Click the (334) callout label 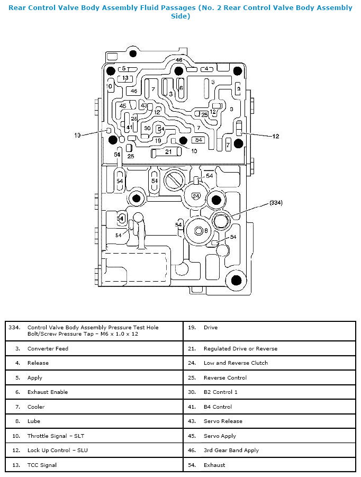click(x=276, y=203)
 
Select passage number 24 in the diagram click(x=196, y=196)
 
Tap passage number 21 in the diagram click(x=168, y=151)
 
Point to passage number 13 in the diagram click(x=125, y=78)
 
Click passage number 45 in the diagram click(x=123, y=106)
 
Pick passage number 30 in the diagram click(x=148, y=128)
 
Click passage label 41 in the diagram click(x=130, y=127)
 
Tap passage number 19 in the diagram click(x=158, y=140)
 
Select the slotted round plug click(x=174, y=180)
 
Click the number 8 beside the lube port click(x=206, y=231)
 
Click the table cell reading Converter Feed click(x=48, y=349)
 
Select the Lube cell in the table click(x=34, y=421)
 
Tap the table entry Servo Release click(x=223, y=421)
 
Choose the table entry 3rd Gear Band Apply click(x=231, y=451)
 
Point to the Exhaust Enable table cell click(x=48, y=392)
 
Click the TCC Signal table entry click(x=42, y=465)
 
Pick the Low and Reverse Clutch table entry click(x=236, y=363)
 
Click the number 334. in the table click(x=14, y=327)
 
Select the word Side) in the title click(x=180, y=16)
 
